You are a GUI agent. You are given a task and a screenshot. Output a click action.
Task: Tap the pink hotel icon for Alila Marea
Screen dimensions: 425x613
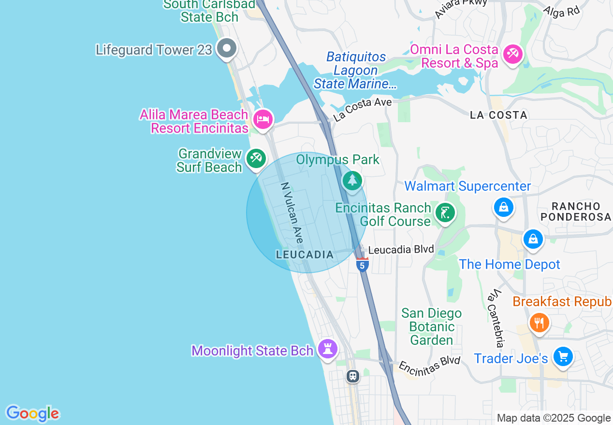pos(263,119)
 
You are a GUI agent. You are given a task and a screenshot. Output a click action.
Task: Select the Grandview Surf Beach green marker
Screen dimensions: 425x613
pos(256,158)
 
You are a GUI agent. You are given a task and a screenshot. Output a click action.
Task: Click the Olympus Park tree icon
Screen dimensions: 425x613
pos(352,181)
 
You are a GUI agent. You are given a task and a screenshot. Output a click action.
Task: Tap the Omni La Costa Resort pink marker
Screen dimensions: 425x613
pos(512,53)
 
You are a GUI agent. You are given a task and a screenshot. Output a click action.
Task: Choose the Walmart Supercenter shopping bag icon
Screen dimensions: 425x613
pos(504,207)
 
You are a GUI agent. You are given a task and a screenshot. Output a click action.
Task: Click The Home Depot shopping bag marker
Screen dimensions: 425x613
pos(533,239)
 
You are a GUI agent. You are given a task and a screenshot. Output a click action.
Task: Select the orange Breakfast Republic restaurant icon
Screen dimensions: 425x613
pos(539,322)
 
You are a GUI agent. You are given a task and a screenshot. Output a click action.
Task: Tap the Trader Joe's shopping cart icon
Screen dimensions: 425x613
pos(563,357)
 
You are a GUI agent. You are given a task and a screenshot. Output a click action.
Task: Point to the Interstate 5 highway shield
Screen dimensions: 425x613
pos(362,265)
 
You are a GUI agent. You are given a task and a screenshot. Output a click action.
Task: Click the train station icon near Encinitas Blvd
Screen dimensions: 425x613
pos(353,376)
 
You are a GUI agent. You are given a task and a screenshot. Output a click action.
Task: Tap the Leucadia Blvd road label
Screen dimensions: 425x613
pos(401,250)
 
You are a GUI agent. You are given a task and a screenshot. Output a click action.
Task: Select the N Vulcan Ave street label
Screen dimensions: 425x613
pos(292,212)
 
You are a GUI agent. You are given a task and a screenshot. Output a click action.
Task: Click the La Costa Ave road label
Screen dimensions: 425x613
pos(362,109)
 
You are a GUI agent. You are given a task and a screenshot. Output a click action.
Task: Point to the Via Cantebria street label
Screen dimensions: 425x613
pos(496,318)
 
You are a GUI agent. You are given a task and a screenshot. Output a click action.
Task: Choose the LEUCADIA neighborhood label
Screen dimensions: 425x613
pos(305,255)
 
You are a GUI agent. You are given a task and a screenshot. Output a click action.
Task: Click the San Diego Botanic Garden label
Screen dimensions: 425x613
pos(431,327)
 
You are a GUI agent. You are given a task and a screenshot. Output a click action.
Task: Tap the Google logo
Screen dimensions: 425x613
pos(32,413)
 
